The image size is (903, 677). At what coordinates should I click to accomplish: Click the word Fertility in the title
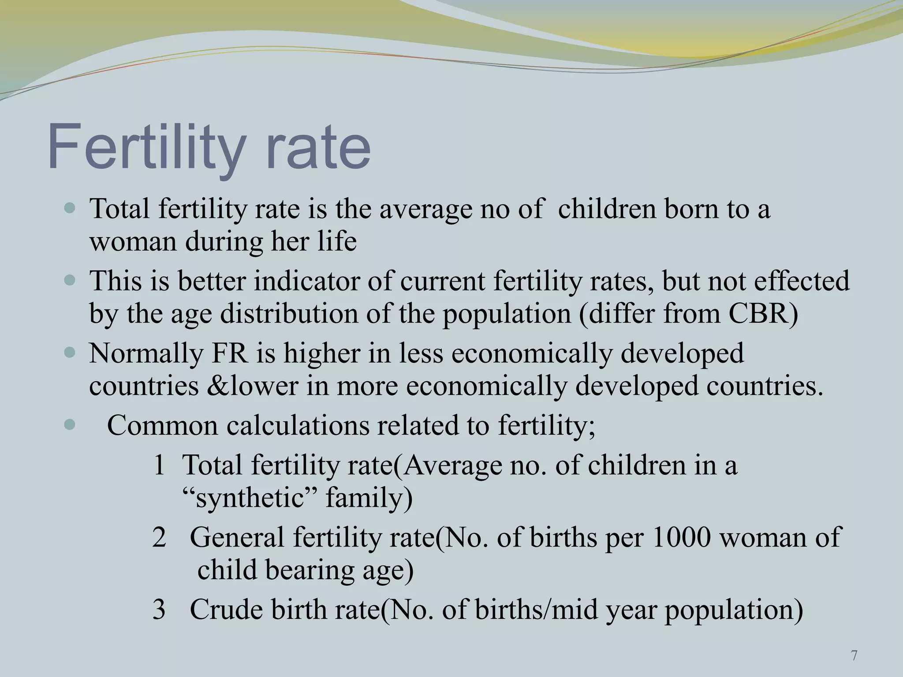tap(146, 148)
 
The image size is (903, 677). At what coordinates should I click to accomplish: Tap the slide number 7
tap(854, 656)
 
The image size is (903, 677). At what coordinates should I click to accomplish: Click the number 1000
tap(681, 538)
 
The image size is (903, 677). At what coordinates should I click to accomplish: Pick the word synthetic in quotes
tap(249, 499)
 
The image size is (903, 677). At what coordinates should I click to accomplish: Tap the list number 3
tap(159, 610)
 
